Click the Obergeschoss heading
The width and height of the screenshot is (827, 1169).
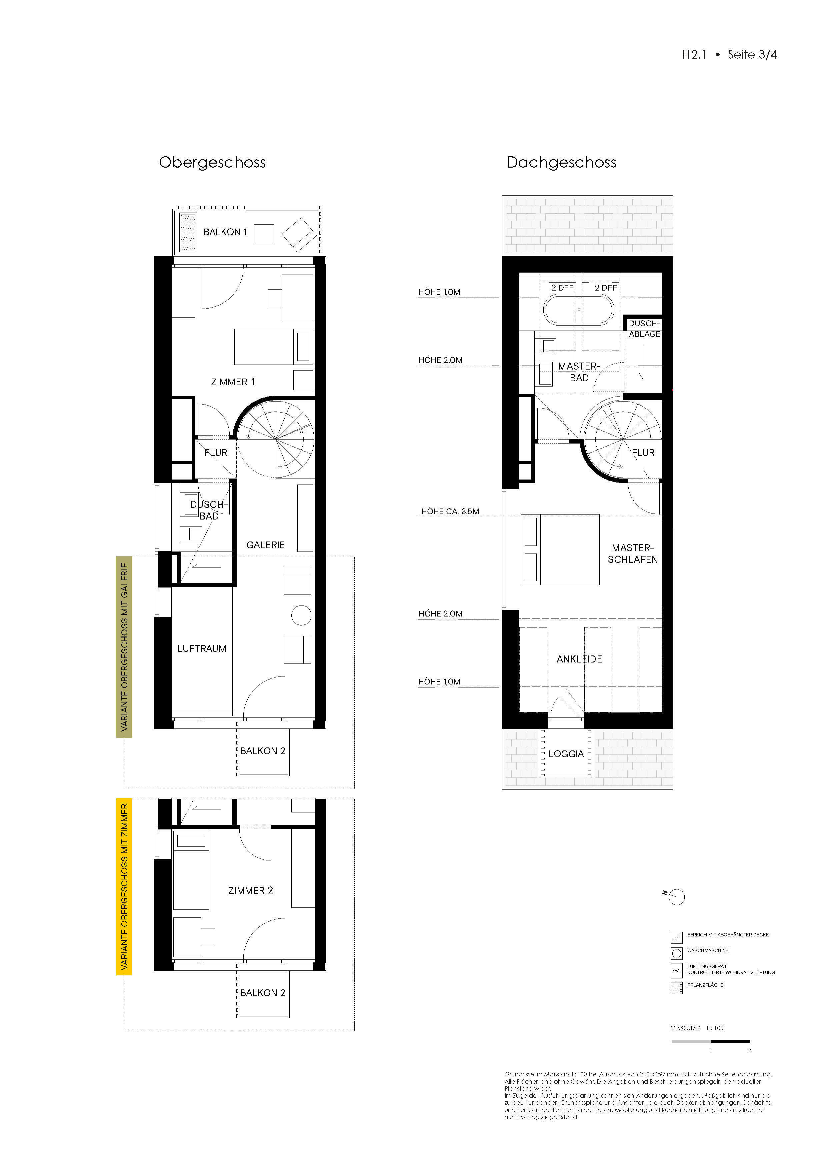tap(212, 162)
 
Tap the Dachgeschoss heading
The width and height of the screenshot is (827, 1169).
tap(561, 162)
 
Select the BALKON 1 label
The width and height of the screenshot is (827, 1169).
tap(225, 232)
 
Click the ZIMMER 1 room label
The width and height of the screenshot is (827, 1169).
tap(233, 382)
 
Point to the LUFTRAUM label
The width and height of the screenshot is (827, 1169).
tap(202, 649)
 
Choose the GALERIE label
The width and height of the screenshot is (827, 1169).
tap(265, 545)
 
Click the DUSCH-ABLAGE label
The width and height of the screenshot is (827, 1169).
tap(644, 329)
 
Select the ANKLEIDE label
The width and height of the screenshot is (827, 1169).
tap(579, 659)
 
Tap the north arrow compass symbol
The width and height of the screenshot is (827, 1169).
tap(676, 897)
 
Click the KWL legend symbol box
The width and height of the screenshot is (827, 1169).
tap(676, 970)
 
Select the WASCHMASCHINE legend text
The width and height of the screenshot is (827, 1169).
tap(707, 951)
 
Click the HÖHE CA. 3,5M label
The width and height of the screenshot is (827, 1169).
tap(450, 511)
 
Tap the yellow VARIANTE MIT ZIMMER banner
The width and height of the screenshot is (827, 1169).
tap(124, 886)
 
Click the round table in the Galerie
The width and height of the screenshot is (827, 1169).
tap(301, 615)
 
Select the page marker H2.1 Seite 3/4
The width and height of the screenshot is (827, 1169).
tap(729, 54)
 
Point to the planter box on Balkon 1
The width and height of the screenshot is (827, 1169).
tap(188, 233)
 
